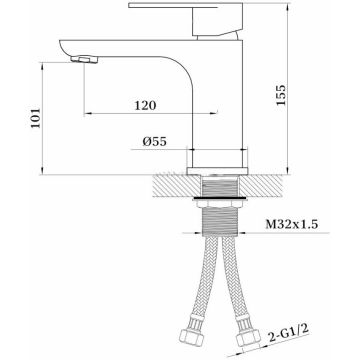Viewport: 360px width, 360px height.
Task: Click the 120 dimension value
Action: click(x=145, y=105)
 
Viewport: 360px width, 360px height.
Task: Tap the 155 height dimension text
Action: click(x=281, y=95)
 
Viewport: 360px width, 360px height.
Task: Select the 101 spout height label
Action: click(x=35, y=118)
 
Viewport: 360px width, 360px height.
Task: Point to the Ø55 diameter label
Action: click(x=154, y=142)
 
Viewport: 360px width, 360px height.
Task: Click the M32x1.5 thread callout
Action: click(x=292, y=224)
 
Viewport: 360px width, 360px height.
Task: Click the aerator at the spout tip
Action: click(x=84, y=60)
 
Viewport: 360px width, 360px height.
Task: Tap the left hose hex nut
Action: click(x=191, y=338)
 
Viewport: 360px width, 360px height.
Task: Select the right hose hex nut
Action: click(x=248, y=337)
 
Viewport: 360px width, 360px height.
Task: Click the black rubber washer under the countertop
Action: click(x=220, y=199)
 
